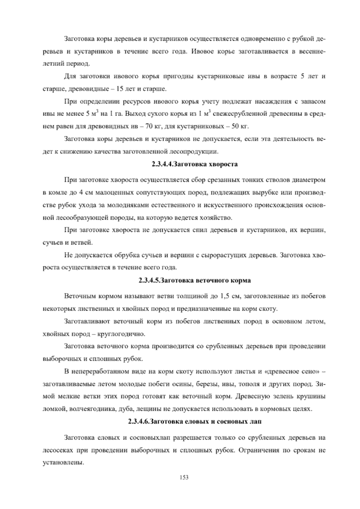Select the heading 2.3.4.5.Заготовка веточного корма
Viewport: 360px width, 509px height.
[x=194, y=281]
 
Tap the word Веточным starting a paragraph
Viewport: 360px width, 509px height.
[x=78, y=297]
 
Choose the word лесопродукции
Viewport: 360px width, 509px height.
[x=195, y=152]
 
